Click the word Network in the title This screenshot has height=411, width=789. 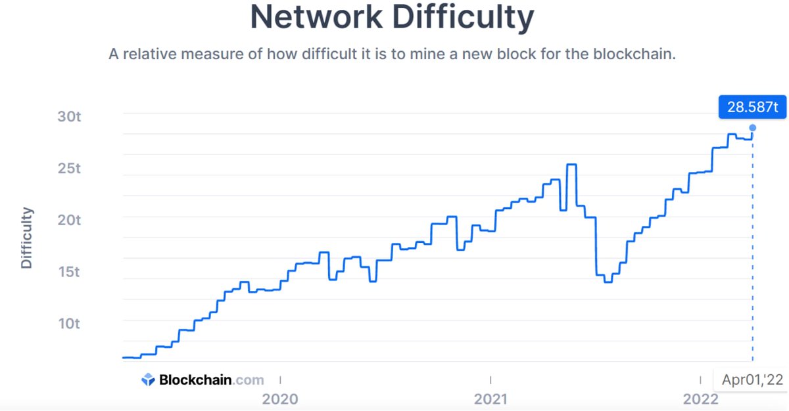[312, 18]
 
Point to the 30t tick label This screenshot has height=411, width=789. [68, 116]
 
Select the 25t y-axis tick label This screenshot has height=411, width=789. [68, 168]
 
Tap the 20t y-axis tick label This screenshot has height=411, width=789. [68, 220]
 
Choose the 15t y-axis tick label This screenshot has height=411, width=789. [68, 272]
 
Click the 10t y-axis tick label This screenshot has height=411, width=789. [68, 324]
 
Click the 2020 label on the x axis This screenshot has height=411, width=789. [280, 399]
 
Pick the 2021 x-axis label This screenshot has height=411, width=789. [490, 399]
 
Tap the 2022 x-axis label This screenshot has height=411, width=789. [701, 399]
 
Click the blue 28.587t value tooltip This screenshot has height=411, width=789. [752, 106]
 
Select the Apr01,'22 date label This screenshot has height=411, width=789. [752, 379]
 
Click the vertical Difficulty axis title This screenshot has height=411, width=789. [26, 238]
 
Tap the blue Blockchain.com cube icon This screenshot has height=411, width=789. [149, 379]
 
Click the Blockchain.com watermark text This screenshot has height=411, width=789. [210, 379]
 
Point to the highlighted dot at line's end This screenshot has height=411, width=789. [752, 128]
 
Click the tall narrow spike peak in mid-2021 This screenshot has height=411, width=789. [571, 165]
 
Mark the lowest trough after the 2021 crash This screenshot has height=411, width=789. [608, 282]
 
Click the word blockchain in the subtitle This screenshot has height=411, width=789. [634, 54]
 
